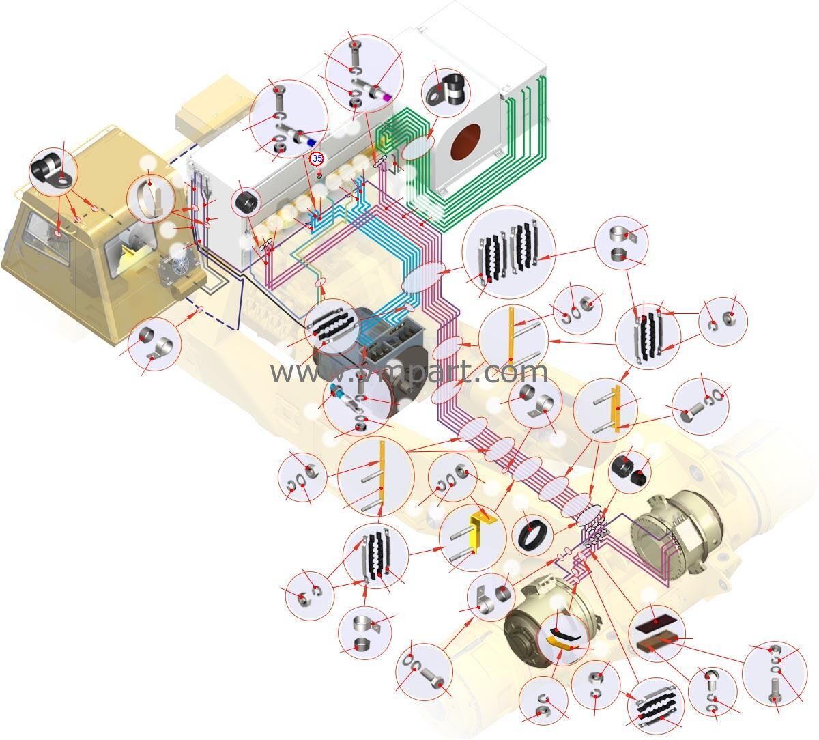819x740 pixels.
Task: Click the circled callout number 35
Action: point(317,158)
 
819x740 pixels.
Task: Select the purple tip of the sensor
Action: point(387,97)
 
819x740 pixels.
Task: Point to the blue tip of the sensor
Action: point(311,141)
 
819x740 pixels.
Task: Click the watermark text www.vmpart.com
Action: point(409,372)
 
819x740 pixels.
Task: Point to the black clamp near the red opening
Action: point(444,89)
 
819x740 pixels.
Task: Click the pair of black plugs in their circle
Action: point(629,470)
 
